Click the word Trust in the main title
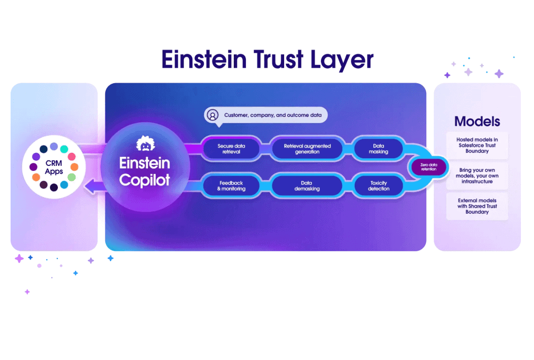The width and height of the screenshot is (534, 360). (x=279, y=59)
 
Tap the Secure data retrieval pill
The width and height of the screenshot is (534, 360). (x=231, y=149)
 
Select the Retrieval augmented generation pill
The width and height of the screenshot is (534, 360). (x=307, y=149)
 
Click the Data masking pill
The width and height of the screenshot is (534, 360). (x=378, y=149)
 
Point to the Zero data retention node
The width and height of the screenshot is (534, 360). (x=428, y=167)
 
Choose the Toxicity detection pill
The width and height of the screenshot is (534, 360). (x=378, y=186)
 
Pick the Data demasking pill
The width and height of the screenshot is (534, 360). (x=307, y=186)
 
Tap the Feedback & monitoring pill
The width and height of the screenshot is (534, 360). (x=231, y=186)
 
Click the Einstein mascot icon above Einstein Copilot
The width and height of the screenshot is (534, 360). (x=146, y=144)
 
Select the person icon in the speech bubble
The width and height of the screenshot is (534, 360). (x=213, y=115)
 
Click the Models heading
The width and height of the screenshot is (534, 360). (x=477, y=122)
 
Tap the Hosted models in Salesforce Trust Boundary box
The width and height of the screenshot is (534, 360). (x=477, y=145)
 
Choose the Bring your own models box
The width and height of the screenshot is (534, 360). (x=477, y=175)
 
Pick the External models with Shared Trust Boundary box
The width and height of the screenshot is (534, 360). (x=477, y=206)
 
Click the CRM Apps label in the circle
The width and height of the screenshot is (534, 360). (x=54, y=167)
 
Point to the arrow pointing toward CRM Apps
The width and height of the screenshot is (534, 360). (x=95, y=187)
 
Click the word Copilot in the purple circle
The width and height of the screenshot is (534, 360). (x=145, y=180)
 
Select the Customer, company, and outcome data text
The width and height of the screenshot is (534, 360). (x=273, y=115)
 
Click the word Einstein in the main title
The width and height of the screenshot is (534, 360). (x=204, y=59)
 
